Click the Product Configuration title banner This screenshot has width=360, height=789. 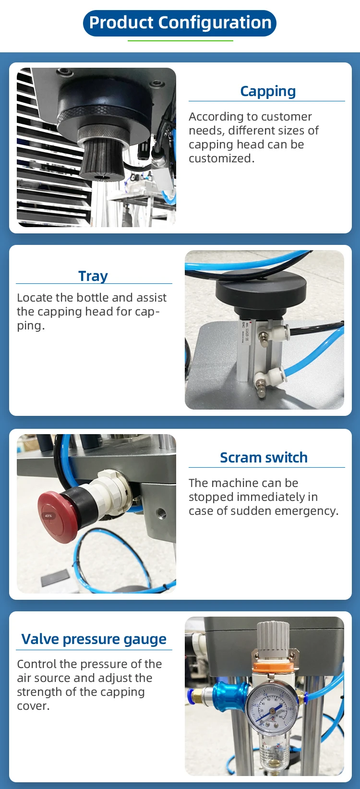click(180, 23)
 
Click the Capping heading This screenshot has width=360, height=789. click(268, 91)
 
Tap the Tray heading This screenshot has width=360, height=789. click(93, 276)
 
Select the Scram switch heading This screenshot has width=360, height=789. click(264, 458)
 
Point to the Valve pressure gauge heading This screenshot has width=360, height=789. click(94, 639)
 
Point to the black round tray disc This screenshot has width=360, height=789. click(261, 290)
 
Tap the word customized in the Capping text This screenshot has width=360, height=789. click(221, 158)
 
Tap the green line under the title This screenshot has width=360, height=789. click(180, 41)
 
